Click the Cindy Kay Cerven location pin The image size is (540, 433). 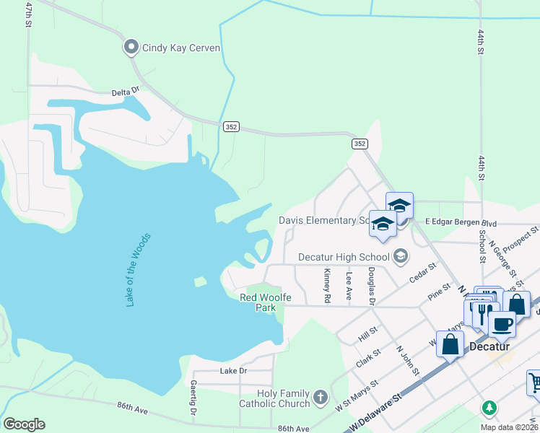point(131,48)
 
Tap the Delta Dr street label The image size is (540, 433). point(124,92)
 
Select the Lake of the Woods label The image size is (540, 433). point(139,269)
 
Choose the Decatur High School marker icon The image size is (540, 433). point(401,256)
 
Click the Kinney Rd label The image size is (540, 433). point(327,285)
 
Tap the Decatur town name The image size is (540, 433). point(490,346)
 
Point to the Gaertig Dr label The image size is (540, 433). point(193,399)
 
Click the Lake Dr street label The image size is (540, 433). point(233,370)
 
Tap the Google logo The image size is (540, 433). point(24,424)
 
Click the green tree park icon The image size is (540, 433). point(489,408)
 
